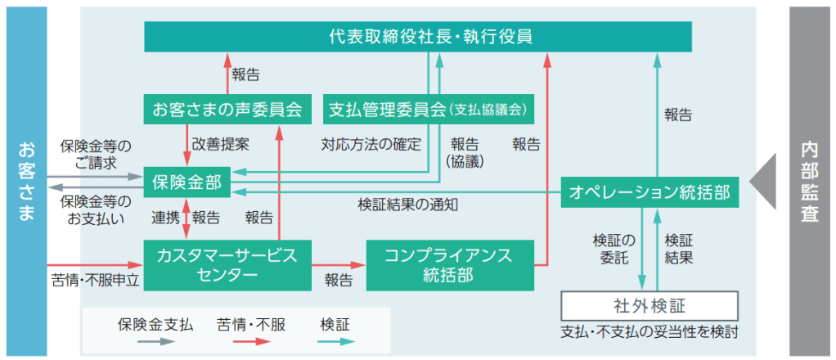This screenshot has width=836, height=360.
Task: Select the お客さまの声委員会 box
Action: (x=228, y=108)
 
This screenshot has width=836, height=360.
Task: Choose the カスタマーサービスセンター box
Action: (x=228, y=263)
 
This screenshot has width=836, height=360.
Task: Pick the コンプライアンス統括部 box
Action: (x=455, y=263)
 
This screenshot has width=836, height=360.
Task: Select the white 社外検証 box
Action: (x=649, y=306)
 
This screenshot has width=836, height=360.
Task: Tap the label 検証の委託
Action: (x=614, y=249)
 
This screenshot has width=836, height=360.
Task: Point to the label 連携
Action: (x=165, y=218)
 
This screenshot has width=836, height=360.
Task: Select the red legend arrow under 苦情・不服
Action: (x=250, y=341)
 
